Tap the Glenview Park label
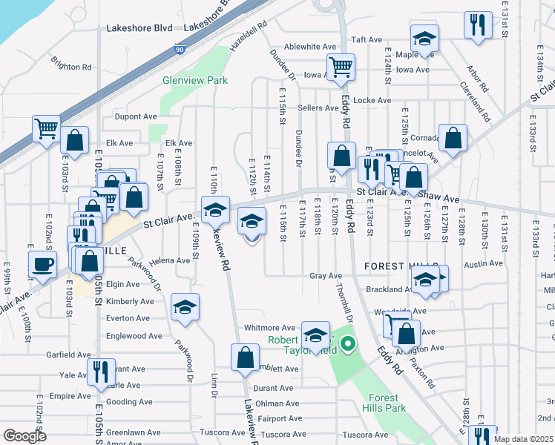click(x=196, y=80)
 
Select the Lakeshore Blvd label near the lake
click(x=139, y=28)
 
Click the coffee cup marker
click(x=42, y=264)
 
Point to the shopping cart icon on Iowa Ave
click(x=341, y=67)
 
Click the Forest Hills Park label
click(x=384, y=403)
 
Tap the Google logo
click(x=25, y=435)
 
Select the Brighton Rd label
click(x=71, y=66)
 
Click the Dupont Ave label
click(x=135, y=116)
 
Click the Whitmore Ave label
click(x=270, y=328)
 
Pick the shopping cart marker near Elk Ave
click(x=46, y=128)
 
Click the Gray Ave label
click(x=326, y=276)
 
